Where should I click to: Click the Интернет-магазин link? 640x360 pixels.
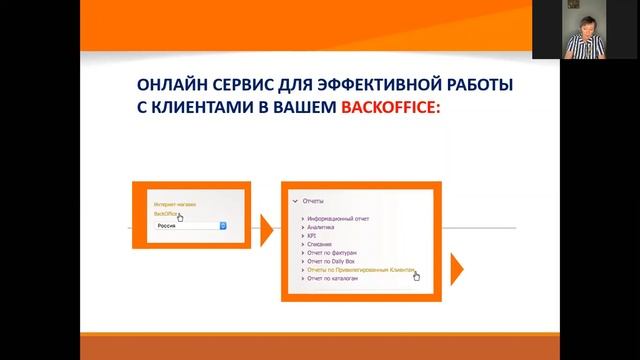click(x=175, y=204)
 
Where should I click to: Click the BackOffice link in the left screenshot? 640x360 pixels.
click(x=166, y=214)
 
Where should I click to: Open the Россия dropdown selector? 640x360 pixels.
click(x=191, y=226)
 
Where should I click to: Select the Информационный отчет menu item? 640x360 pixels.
click(x=340, y=217)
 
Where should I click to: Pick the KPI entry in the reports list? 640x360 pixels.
click(x=312, y=236)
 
